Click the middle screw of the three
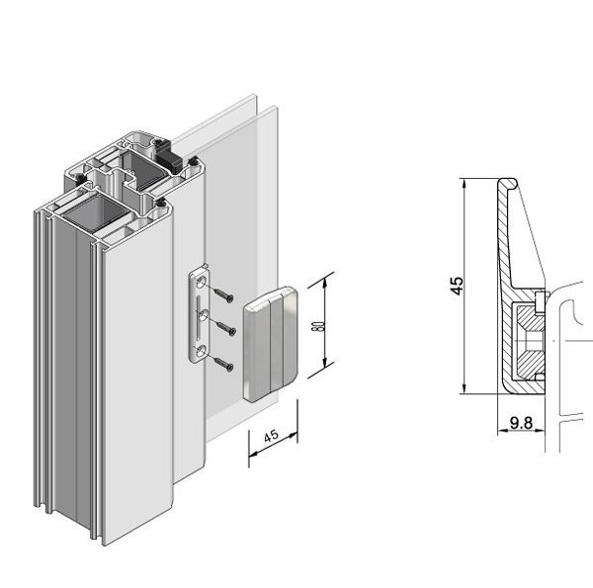tap(226, 328)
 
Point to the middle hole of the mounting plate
tap(203, 314)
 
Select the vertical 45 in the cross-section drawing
tap(456, 286)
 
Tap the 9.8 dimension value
tap(521, 423)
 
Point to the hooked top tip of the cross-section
tap(506, 182)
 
